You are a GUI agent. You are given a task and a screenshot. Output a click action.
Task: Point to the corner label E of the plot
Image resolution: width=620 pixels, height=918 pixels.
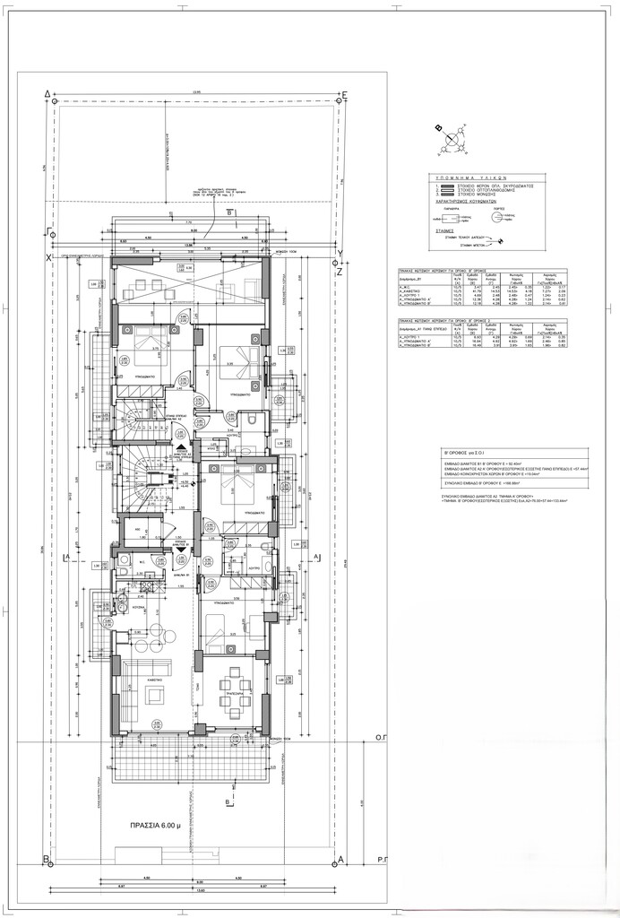coord(345,93)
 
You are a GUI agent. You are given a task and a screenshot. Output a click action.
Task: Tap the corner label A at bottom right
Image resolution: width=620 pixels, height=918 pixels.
coord(341,859)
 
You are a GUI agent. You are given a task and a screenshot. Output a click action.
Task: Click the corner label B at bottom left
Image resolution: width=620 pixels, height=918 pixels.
coord(46,859)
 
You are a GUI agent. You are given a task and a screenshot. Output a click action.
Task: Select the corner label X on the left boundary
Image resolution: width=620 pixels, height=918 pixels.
coord(47,257)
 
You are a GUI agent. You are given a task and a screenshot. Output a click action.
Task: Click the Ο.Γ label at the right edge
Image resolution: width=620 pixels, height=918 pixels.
coord(379,743)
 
